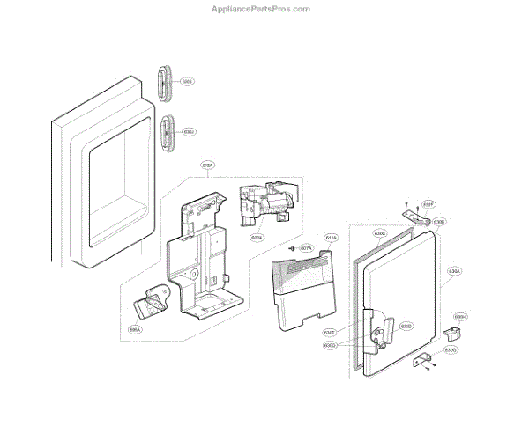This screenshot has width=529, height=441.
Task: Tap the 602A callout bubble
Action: pos(256,237)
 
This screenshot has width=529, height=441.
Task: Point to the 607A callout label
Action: pos(307,249)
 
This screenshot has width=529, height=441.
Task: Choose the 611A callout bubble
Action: pos(332,238)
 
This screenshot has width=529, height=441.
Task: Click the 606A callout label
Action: pos(135,330)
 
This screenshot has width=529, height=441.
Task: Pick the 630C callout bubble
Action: pos(381,235)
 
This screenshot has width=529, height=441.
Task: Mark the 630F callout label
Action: pos(428,202)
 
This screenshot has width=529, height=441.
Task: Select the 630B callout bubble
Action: pos(439,223)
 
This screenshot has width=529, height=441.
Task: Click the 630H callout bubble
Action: pos(460,317)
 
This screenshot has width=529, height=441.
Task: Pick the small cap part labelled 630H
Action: pos(453,333)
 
